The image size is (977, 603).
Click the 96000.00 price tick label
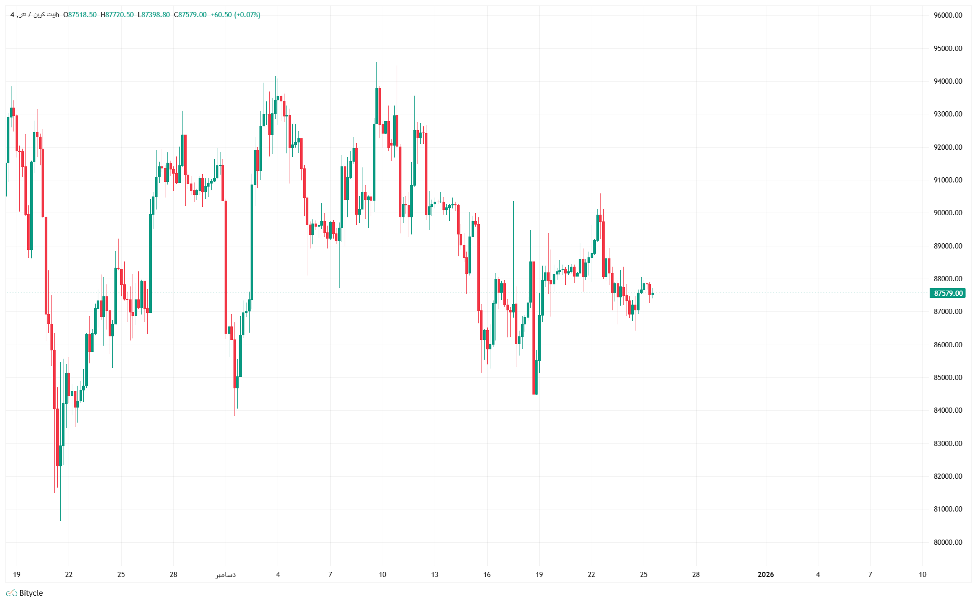(x=947, y=15)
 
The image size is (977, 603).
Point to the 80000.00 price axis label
(x=947, y=542)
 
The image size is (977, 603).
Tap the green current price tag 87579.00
(x=947, y=293)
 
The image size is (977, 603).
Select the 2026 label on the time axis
(x=765, y=574)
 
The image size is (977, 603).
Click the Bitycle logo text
(x=31, y=593)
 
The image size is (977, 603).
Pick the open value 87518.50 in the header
(x=82, y=15)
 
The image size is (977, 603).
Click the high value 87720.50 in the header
(x=119, y=15)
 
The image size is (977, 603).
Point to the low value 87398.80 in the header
(x=155, y=15)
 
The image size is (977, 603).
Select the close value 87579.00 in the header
(x=192, y=15)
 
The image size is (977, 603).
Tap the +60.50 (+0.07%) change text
(x=235, y=15)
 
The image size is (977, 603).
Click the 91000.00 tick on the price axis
(x=947, y=180)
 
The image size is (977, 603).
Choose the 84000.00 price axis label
(x=947, y=410)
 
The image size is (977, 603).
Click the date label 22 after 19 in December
(x=591, y=574)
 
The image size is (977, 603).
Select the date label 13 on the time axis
(x=435, y=574)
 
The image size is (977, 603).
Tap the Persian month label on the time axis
(x=226, y=574)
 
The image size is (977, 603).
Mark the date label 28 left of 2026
(x=696, y=574)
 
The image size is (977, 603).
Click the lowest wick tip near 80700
(x=60, y=520)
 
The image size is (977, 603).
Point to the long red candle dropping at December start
(x=226, y=265)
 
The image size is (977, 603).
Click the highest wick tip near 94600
(x=376, y=62)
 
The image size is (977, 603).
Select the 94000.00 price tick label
(x=947, y=81)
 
